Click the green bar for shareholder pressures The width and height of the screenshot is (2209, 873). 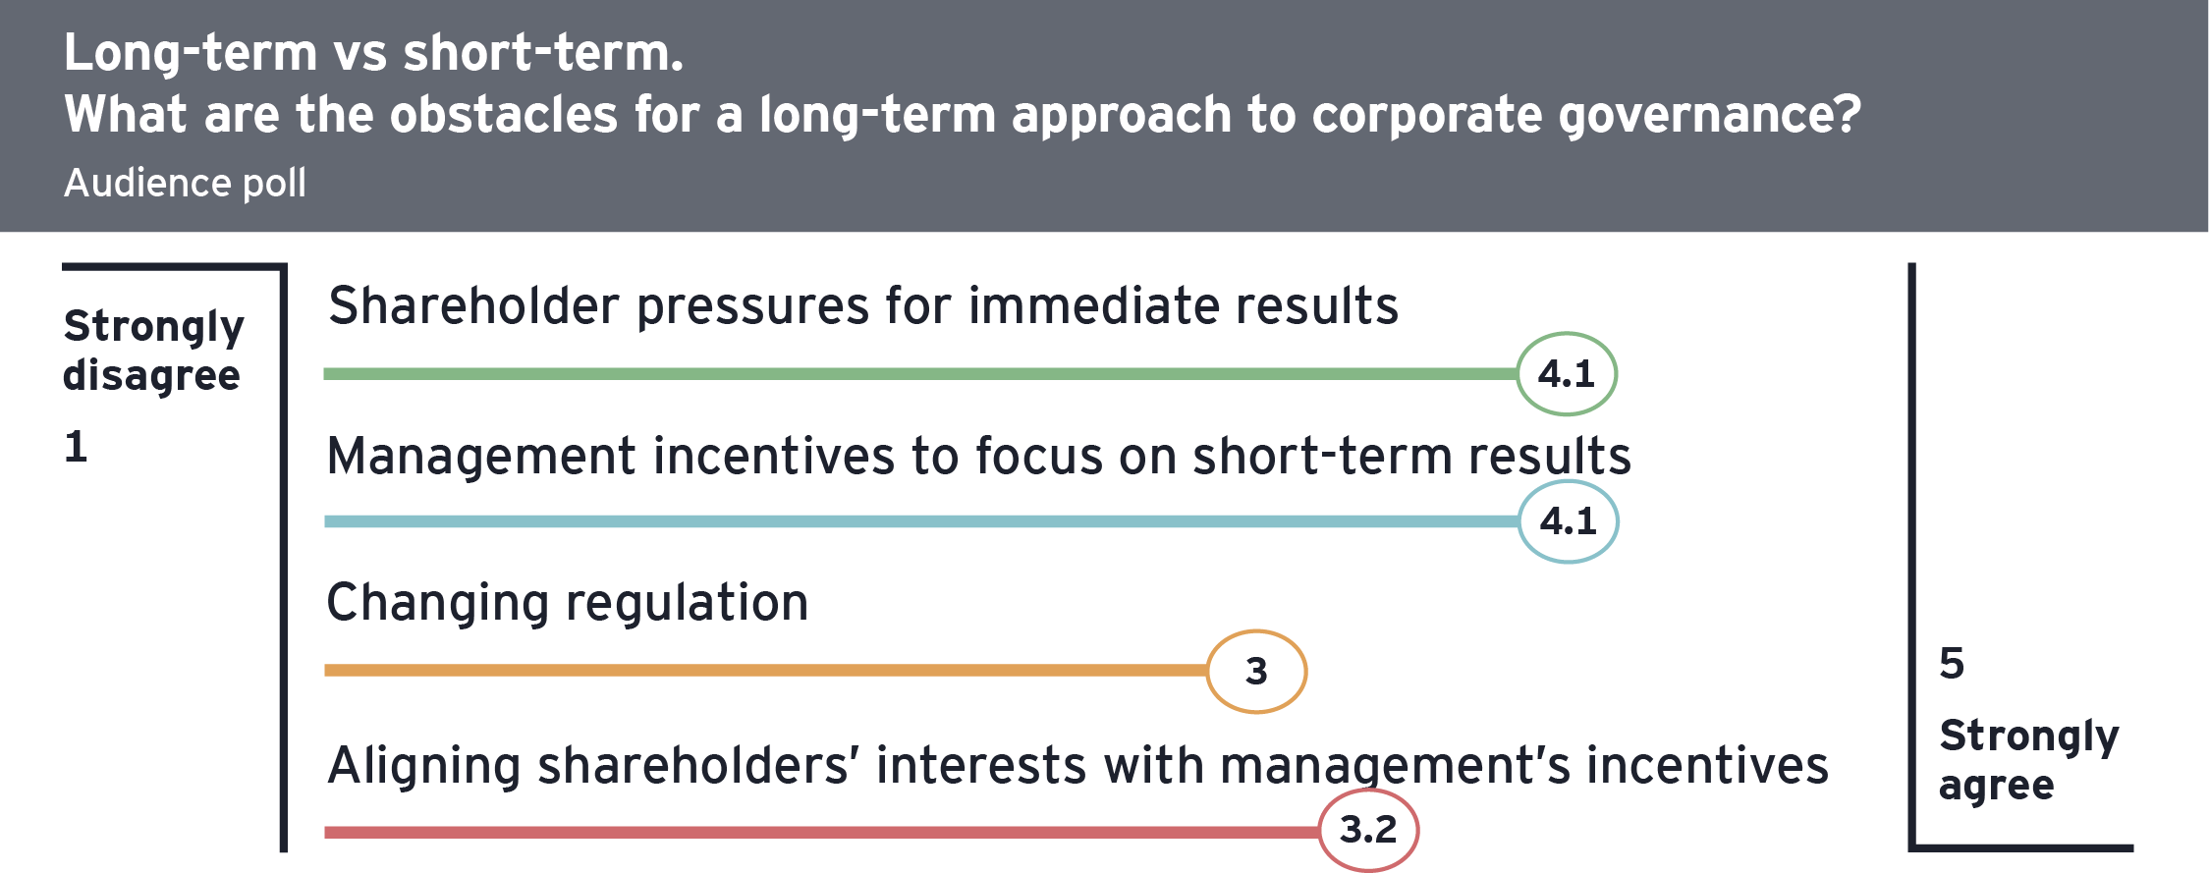(x=920, y=374)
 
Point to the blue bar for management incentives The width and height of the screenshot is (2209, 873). (x=921, y=521)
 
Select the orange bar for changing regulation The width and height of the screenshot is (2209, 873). (x=765, y=671)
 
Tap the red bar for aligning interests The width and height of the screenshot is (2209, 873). (x=821, y=833)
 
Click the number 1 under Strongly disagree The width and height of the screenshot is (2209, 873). (x=76, y=447)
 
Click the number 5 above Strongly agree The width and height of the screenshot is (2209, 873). (x=1952, y=664)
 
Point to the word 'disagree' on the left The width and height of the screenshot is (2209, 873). (x=151, y=376)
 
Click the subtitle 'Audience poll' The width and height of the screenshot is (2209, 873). (x=185, y=183)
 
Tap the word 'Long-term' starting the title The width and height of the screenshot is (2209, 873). (x=191, y=53)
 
